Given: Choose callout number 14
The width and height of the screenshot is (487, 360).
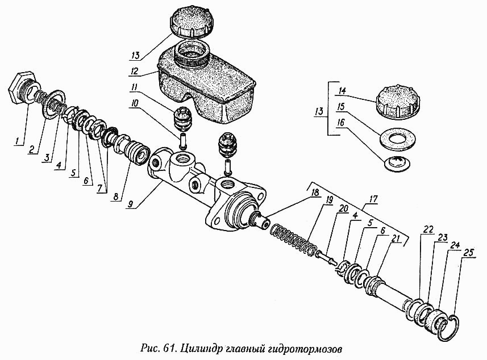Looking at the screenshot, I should point(342,90).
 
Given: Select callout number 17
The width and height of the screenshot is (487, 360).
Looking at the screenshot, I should point(372,199).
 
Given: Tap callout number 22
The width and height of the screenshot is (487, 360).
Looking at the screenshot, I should point(428,229).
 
